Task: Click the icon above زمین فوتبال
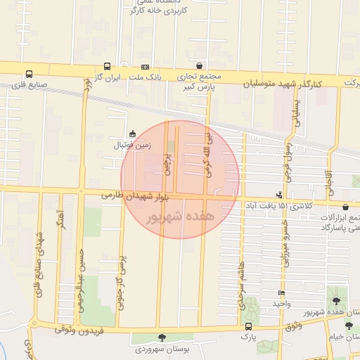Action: coord(132,134)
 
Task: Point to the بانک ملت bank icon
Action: coord(146,67)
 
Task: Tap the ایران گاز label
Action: coord(108,77)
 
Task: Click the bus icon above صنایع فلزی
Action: coord(29,74)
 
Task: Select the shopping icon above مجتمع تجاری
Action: coord(201,65)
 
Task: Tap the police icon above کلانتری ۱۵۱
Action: coord(280,195)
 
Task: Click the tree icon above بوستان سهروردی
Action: coord(162,338)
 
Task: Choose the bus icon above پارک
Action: coord(247,326)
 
